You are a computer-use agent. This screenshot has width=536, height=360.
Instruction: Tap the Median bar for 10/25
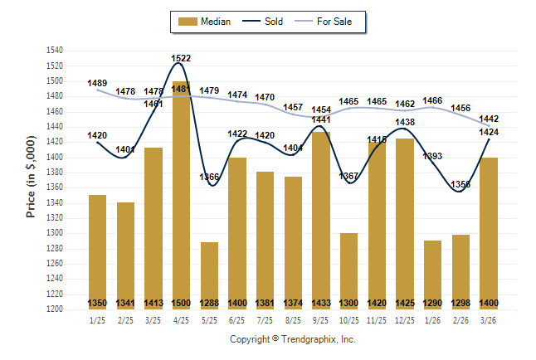click(x=348, y=270)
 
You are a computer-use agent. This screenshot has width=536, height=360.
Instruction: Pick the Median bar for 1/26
click(x=432, y=275)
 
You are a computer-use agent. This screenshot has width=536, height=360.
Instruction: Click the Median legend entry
click(x=206, y=22)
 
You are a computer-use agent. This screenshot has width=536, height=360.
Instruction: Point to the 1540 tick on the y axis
click(x=55, y=51)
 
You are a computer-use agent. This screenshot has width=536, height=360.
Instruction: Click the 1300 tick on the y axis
click(x=55, y=233)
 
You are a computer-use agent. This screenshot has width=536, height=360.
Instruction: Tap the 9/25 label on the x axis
click(x=320, y=319)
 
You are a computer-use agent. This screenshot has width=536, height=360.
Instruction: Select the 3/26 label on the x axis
click(x=488, y=319)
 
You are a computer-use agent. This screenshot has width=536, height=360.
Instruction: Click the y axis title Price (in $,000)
click(x=31, y=179)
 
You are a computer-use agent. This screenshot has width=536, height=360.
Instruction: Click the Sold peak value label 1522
click(x=181, y=58)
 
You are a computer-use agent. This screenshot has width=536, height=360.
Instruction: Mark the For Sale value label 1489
click(x=97, y=83)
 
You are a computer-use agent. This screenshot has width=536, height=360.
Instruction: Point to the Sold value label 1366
click(x=209, y=177)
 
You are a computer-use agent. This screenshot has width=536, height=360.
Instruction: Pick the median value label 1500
click(x=181, y=303)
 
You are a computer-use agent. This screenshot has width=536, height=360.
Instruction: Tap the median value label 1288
click(x=209, y=303)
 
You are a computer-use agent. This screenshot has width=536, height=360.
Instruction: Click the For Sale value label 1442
click(x=488, y=119)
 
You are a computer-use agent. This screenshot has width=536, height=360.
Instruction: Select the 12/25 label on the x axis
click(x=404, y=319)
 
